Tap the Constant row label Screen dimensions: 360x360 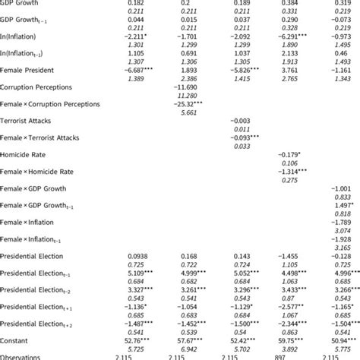[16, 339]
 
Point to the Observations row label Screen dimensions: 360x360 [23, 355]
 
